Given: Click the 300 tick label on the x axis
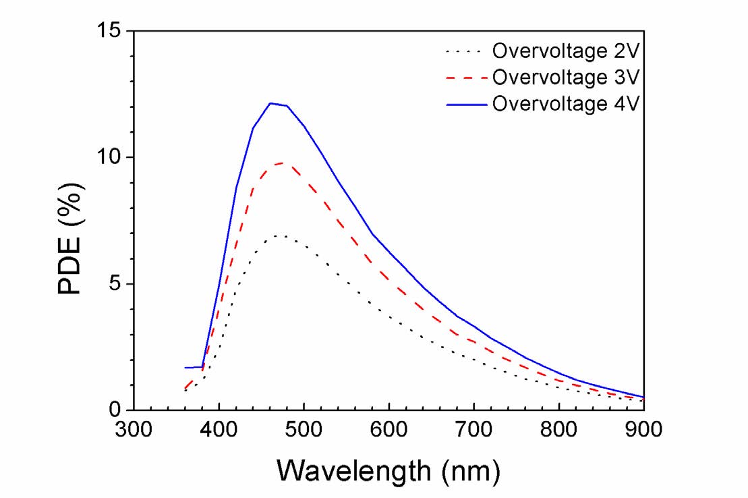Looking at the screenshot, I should coord(134,430).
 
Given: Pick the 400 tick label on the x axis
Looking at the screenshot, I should coord(219,430).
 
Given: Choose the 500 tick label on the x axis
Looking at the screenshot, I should coord(304,430).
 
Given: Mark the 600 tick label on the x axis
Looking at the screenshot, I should coord(389,430).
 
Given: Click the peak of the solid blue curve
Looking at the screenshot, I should coord(270,103).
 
